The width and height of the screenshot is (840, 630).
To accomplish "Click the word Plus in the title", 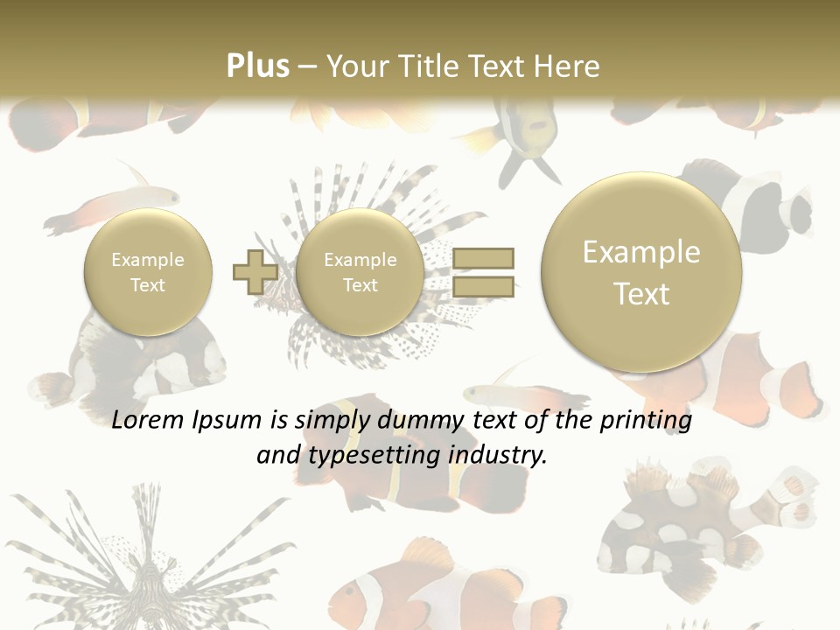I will click(x=257, y=66).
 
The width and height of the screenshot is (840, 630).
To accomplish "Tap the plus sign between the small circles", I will click(x=255, y=272).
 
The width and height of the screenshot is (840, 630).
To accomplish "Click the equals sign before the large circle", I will click(x=482, y=271).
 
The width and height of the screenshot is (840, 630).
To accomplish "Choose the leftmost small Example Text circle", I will click(x=148, y=272).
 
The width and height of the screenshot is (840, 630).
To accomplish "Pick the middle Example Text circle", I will click(x=360, y=272).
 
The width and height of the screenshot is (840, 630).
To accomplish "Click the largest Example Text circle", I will click(x=641, y=272).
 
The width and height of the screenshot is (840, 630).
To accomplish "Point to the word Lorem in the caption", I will click(x=148, y=421).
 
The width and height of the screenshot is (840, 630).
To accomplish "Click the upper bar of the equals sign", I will click(x=482, y=258).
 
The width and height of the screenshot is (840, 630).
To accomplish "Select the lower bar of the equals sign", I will click(x=482, y=285).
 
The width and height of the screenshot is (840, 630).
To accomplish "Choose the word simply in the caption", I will click(x=326, y=422).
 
